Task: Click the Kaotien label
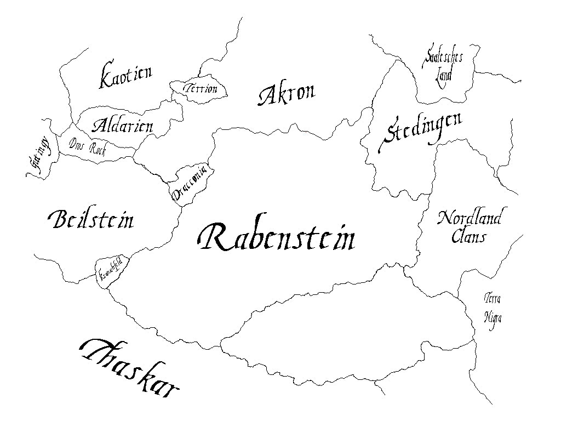(x=125, y=77)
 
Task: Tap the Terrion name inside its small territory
(x=201, y=89)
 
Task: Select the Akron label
(x=287, y=94)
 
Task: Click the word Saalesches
(x=443, y=58)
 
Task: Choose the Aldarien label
(x=122, y=126)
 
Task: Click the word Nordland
(x=469, y=218)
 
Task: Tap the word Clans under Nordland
(x=469, y=237)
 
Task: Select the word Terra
(x=493, y=299)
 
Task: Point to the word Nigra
(x=493, y=317)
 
